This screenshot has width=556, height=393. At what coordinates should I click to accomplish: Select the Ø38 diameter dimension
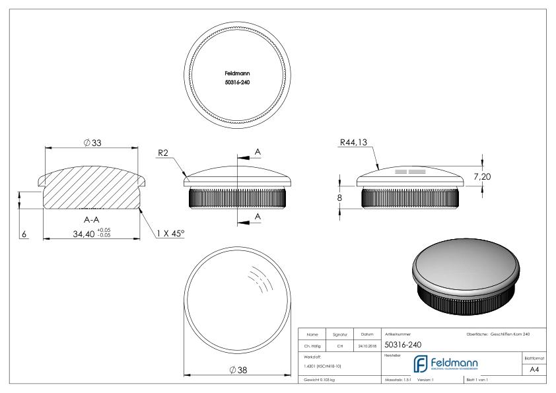point(236,370)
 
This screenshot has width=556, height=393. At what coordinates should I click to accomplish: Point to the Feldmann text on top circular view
point(237,74)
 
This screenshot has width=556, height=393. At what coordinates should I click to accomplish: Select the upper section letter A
point(258,153)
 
